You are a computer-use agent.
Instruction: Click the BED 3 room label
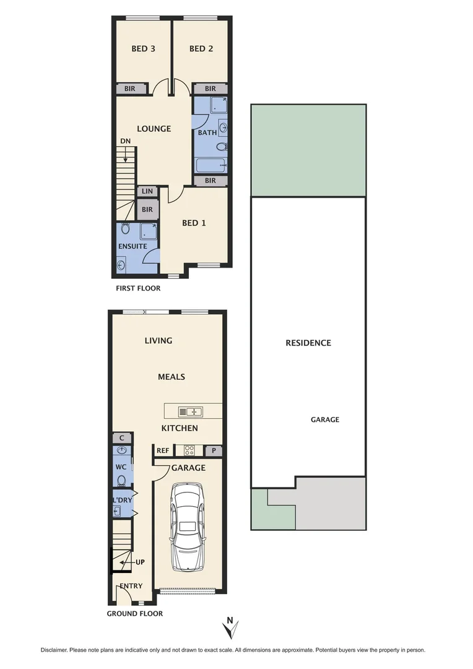143,48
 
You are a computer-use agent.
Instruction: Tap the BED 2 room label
201,48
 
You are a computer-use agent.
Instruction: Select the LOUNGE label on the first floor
154,129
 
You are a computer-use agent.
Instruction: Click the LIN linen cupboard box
147,192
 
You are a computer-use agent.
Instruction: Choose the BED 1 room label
194,223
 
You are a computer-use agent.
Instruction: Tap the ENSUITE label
132,246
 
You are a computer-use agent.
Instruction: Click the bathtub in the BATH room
210,165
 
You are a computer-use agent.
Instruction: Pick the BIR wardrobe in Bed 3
130,89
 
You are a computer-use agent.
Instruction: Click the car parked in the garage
188,527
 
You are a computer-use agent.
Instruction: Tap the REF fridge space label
163,451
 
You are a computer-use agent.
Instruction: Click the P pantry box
214,451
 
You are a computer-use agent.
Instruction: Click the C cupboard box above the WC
121,438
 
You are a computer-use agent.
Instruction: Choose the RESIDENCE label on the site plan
308,343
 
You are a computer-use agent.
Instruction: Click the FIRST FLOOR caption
138,288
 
